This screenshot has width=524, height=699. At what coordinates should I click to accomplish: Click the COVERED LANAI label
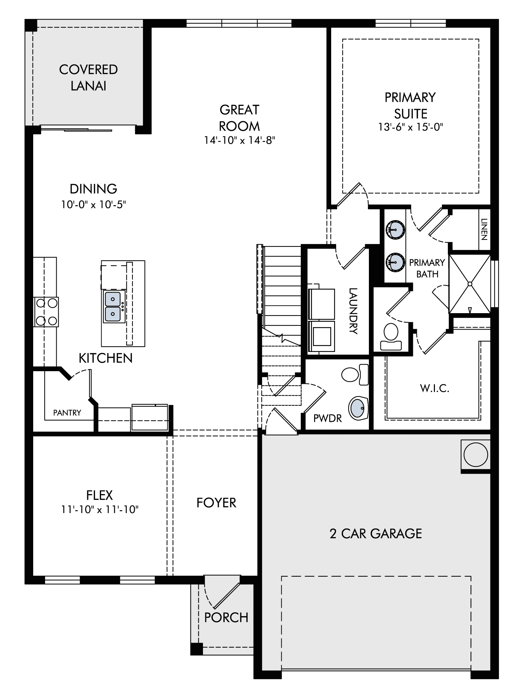(88, 78)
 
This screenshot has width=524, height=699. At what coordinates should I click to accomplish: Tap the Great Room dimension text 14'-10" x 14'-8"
(240, 140)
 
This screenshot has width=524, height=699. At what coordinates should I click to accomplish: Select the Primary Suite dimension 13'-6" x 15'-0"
(410, 127)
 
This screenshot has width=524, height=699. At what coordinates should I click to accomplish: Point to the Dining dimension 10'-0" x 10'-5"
(93, 204)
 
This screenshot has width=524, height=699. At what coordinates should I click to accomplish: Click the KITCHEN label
(105, 358)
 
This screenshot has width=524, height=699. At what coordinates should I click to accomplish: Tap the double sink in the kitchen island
(113, 307)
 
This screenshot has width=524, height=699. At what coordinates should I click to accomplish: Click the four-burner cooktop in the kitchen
(46, 311)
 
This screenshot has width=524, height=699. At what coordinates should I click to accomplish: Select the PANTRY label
(67, 413)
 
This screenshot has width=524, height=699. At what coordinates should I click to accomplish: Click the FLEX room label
(100, 495)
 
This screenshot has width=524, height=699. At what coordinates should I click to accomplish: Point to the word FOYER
(216, 503)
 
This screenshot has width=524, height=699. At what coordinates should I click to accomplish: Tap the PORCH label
(226, 618)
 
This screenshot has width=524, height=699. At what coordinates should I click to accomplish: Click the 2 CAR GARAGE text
(376, 534)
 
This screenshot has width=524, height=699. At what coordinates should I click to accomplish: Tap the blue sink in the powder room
(358, 408)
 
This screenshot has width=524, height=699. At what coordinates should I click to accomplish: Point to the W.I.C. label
(435, 388)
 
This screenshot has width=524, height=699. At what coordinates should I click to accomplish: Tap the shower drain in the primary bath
(470, 284)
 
